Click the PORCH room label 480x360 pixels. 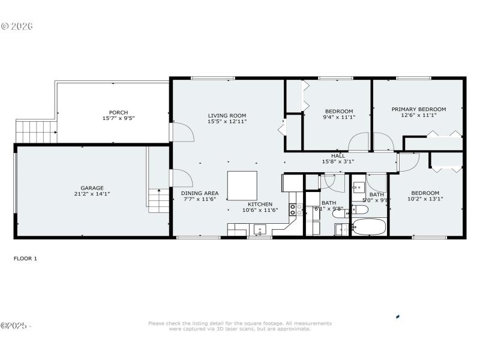(118, 112)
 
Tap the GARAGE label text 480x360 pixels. (92, 187)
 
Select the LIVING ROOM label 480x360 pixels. (227, 115)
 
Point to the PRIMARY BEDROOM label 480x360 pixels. (418, 109)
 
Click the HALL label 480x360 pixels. (338, 155)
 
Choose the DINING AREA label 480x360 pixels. (200, 193)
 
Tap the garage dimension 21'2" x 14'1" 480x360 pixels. (92, 193)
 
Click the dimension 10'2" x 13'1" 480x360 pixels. (425, 199)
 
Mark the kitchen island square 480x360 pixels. (242, 185)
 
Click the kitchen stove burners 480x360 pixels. (296, 209)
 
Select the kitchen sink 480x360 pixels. (260, 229)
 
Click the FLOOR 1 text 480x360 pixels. (25, 258)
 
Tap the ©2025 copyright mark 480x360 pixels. (14, 326)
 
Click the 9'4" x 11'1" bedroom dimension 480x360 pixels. (339, 117)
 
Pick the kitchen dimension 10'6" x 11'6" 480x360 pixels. (260, 210)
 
